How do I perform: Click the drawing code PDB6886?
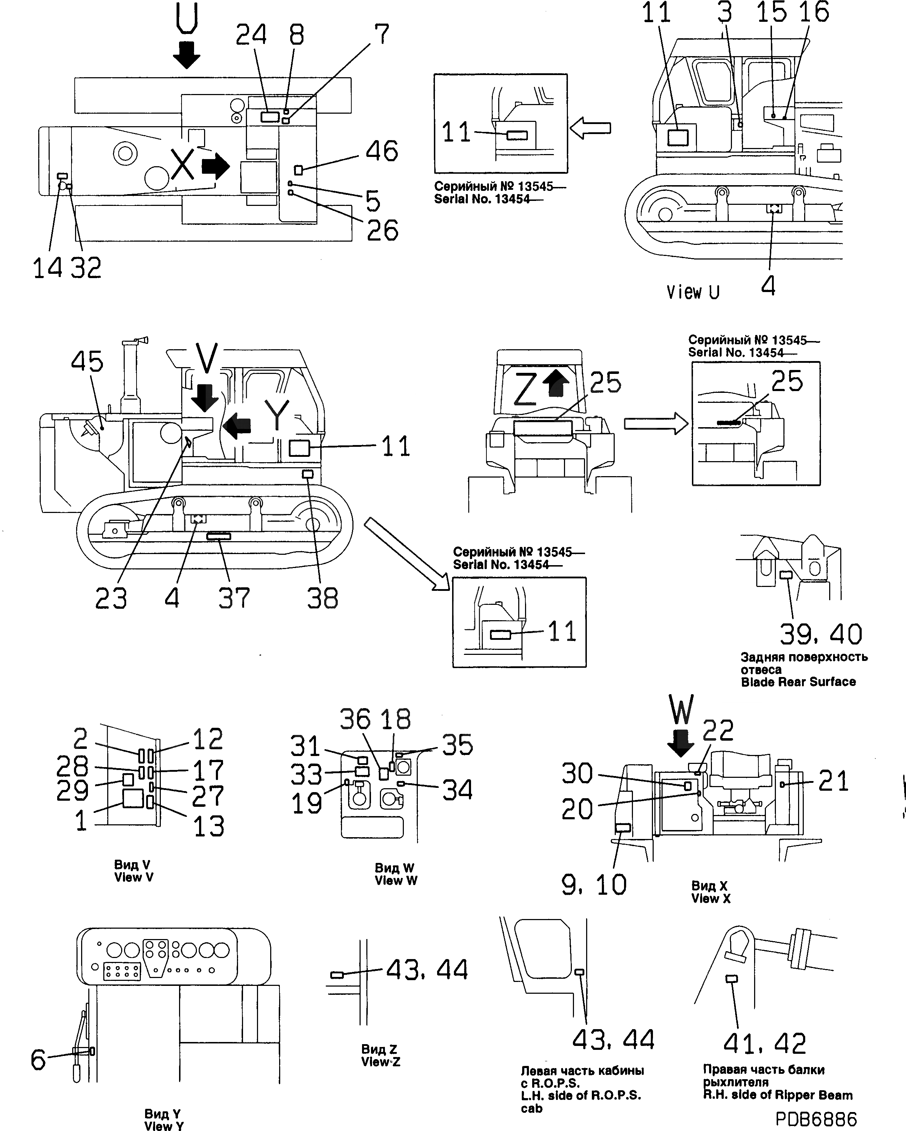point(816,1118)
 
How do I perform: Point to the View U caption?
point(693,292)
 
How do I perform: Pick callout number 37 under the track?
point(234,598)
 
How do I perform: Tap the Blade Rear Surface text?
point(798,682)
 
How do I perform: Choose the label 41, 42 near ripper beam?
point(764,1043)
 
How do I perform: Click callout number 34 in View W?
point(457,790)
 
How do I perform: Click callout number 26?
point(382,230)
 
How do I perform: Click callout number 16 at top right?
point(814,13)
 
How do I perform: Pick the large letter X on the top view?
point(183,164)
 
